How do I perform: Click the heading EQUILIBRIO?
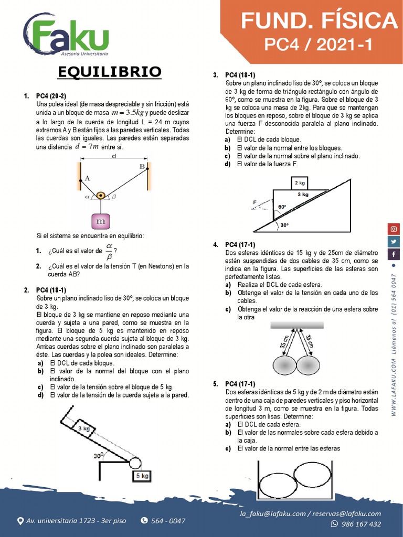pos(110,71)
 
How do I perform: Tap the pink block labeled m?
pos(100,221)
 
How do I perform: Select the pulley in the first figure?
pos(100,196)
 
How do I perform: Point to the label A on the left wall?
pos(87,178)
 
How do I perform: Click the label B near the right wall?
pos(142,166)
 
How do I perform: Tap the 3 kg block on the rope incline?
pos(84,428)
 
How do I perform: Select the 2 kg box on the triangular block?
pos(300,183)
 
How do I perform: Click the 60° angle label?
pos(282,207)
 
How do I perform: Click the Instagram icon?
pos(394,229)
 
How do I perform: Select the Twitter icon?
pos(394,241)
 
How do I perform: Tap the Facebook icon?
pos(394,254)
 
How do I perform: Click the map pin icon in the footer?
pos(20,521)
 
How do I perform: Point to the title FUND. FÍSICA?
pos(319,21)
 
